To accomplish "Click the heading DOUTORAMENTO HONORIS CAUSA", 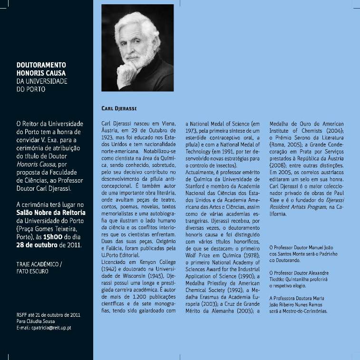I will point(41,70).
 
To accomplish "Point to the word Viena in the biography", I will point(167,124).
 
